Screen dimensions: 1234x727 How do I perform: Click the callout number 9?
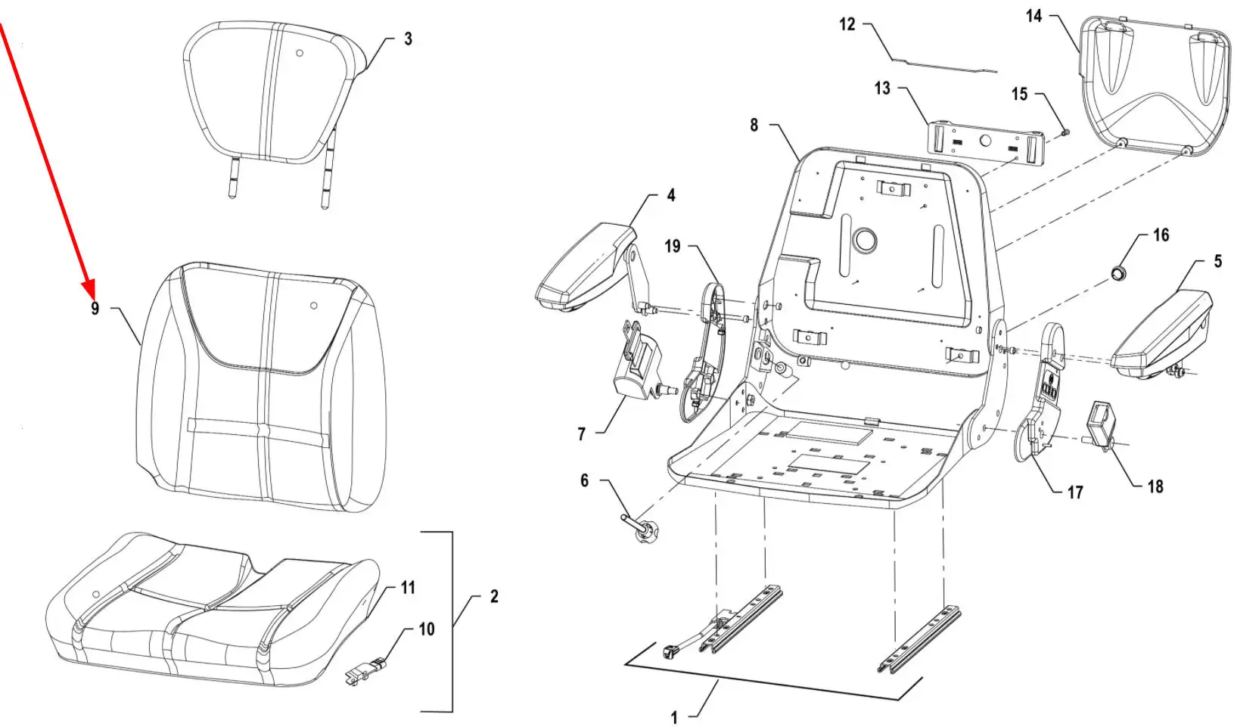click(95, 309)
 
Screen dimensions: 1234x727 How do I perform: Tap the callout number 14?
click(1034, 16)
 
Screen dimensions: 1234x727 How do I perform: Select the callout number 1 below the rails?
click(673, 718)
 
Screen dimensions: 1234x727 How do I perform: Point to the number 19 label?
click(672, 246)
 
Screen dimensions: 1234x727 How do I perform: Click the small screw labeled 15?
click(1065, 132)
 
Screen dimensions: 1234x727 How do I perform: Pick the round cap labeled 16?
click(1117, 272)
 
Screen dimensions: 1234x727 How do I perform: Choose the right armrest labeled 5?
click(1162, 335)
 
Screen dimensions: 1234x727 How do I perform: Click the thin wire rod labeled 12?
click(944, 65)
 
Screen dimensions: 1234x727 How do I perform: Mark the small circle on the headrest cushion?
click(300, 54)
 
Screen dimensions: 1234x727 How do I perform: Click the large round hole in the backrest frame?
click(864, 241)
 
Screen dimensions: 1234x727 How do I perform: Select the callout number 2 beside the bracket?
click(494, 596)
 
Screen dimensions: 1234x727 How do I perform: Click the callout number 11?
click(408, 588)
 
